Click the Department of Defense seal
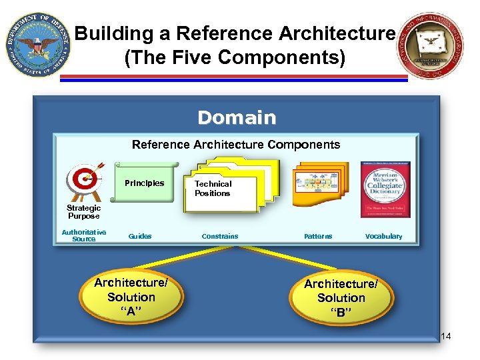[x=36, y=45]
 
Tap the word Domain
[x=237, y=118]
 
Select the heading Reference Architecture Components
[x=236, y=145]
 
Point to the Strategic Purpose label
[x=83, y=212]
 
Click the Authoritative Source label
[x=84, y=235]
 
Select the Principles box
[x=144, y=183]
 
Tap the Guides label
[x=140, y=236]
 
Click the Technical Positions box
[x=213, y=189]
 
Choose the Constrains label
[x=220, y=236]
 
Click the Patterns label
[x=318, y=236]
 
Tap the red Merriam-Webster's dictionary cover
[x=385, y=189]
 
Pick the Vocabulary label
[x=384, y=236]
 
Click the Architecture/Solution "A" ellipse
[x=131, y=297]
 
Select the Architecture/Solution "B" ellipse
[x=341, y=298]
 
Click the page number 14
[x=446, y=336]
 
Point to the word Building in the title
[x=108, y=33]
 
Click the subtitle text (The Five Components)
[x=235, y=58]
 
